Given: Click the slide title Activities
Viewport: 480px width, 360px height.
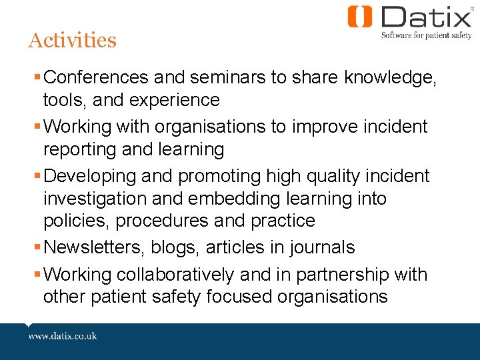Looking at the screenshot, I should [72, 41].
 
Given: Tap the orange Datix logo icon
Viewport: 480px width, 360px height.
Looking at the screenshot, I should [360, 17].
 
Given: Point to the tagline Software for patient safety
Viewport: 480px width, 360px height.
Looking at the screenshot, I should [426, 35].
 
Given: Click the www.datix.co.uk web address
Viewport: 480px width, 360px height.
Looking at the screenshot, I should [63, 335].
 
